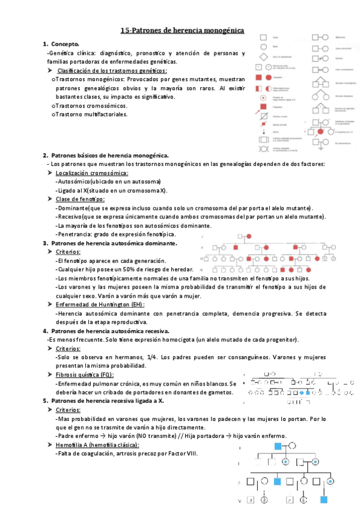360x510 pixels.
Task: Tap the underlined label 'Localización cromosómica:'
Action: pyautogui.click(x=91, y=173)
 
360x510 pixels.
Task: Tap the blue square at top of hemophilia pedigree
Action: pyautogui.click(x=278, y=446)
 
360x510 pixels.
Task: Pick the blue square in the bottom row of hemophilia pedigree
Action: pyautogui.click(x=324, y=499)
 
